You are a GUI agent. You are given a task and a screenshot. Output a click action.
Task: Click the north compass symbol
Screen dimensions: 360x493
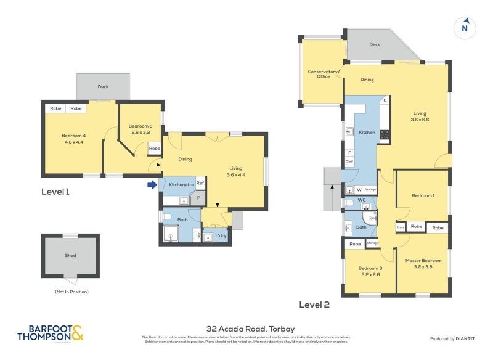point(465,27)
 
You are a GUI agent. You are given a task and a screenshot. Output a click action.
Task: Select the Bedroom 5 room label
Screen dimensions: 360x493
point(141,126)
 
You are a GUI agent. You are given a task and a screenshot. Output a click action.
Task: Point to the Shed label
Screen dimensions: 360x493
point(70,255)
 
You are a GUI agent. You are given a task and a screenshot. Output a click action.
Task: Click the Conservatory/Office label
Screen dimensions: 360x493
point(324,74)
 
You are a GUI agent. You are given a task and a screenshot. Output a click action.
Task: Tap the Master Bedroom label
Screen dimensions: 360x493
point(423,260)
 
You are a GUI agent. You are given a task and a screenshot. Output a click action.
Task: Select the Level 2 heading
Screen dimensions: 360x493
point(314,305)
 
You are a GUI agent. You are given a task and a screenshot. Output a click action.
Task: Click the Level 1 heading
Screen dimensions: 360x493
point(55,192)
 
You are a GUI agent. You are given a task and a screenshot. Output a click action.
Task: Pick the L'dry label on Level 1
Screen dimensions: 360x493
point(220,236)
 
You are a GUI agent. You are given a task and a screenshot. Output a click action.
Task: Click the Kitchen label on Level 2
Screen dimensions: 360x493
point(367,133)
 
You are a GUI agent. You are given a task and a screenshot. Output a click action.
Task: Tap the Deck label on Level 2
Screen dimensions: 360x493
point(375,44)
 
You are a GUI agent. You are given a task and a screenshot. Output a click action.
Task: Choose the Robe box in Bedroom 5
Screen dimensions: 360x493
point(154,149)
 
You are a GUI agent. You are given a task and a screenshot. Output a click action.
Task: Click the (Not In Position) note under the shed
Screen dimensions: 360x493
point(71,291)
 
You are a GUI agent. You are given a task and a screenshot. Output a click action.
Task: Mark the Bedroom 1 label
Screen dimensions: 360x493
point(423,195)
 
